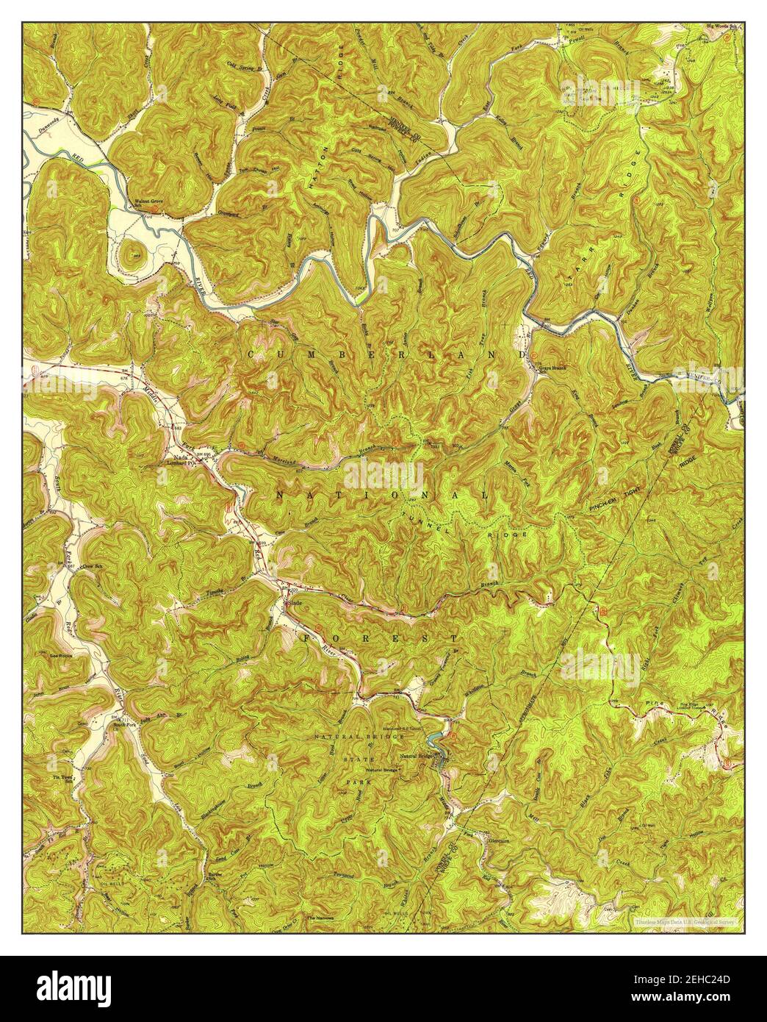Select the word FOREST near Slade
tap(381, 637)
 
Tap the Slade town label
tap(296, 602)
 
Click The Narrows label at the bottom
tap(320, 918)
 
